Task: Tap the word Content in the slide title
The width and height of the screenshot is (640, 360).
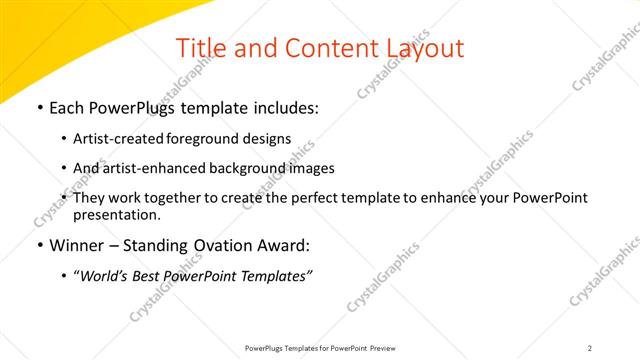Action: click(325, 48)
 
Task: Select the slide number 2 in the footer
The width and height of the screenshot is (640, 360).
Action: click(589, 348)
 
